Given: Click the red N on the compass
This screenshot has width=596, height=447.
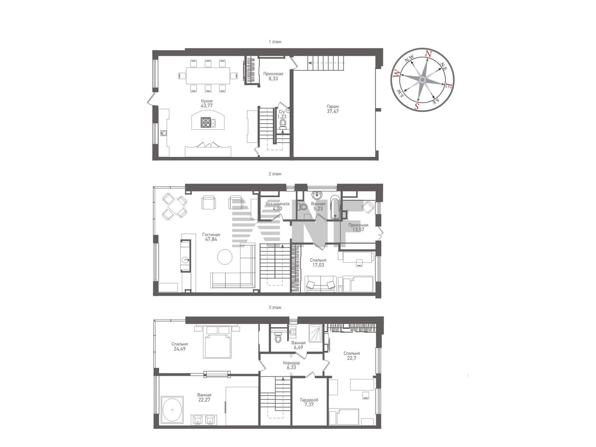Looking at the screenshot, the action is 428,54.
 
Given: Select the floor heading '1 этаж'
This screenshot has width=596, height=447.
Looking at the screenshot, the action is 275,42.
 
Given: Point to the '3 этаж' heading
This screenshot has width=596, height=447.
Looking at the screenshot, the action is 275,307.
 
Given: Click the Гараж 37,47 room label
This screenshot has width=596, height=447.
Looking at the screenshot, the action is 333,109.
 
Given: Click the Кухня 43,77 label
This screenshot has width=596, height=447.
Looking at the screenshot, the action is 207,103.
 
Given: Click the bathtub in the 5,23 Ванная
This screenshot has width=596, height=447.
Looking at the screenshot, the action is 335,207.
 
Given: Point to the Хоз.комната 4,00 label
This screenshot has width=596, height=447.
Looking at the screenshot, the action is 277,206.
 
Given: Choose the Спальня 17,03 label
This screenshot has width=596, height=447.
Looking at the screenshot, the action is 318,263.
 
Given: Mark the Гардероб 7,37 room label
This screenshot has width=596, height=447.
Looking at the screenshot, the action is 309,402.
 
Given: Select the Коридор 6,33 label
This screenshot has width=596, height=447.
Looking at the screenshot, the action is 291,365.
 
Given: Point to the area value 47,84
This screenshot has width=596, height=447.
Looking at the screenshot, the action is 211,239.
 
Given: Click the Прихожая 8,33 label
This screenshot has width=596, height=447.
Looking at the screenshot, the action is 273,76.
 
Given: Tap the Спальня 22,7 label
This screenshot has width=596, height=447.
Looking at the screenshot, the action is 352,356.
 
